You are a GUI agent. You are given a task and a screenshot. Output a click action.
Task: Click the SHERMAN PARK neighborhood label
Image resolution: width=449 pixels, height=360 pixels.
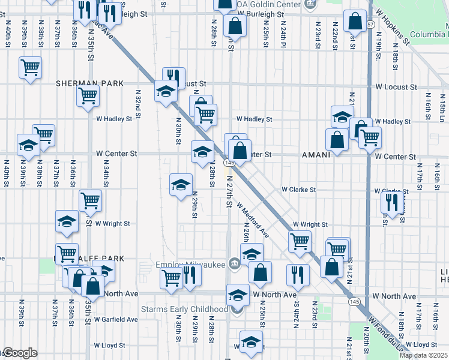coord(90,83)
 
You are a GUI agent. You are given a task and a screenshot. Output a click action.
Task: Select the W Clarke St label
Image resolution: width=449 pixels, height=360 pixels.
coord(299,190)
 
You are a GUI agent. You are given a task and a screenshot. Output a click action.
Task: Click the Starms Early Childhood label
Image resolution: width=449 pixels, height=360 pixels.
coord(184,309)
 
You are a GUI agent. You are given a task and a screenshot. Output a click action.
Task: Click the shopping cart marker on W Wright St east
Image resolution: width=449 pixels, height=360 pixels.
coord(299,241)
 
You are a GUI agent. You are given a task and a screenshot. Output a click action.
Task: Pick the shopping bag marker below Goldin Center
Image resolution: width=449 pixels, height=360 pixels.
coord(235,25)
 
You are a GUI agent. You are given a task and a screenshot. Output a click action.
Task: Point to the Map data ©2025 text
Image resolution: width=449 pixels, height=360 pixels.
coord(423,355)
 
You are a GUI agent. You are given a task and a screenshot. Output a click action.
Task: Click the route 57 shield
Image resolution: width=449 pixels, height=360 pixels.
coord(370,24)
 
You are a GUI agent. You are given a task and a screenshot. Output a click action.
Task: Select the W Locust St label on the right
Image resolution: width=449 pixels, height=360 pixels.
coord(396,87)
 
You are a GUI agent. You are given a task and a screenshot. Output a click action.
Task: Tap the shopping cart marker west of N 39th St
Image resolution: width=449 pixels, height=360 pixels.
coord(29,67)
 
